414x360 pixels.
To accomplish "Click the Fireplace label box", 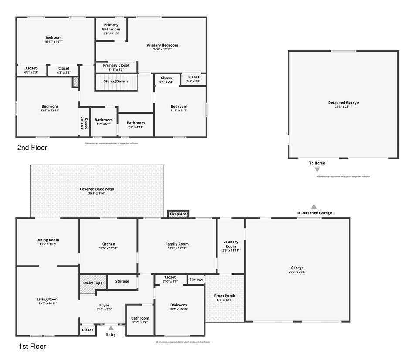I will (x=178, y=214).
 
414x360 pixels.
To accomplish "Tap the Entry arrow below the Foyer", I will (x=111, y=328).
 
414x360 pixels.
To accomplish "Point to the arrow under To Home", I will (x=317, y=169).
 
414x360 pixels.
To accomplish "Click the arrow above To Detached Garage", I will (x=314, y=206).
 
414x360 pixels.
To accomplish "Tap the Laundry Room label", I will (x=231, y=244).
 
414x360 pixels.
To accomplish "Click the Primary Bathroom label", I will (x=111, y=27).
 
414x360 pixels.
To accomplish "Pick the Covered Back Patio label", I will (x=97, y=189).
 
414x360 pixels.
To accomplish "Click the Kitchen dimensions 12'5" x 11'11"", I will (x=108, y=249).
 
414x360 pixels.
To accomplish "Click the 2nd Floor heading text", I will (x=32, y=148).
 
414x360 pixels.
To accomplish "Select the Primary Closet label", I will (x=116, y=65).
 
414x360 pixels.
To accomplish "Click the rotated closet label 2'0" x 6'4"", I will (x=84, y=124).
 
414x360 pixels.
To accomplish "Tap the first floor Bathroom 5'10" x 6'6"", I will (x=140, y=320).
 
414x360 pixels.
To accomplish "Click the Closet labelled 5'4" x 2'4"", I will (x=193, y=79).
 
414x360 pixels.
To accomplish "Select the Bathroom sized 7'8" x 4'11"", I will (x=136, y=125).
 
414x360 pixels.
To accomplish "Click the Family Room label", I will (x=177, y=244).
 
